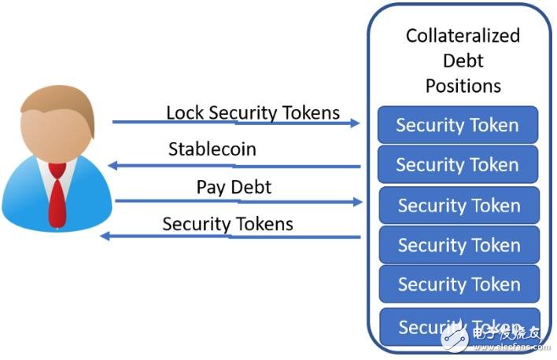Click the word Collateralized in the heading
click(463, 35)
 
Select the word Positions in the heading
click(463, 85)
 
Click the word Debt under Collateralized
click(463, 61)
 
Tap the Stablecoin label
click(212, 149)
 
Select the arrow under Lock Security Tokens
click(236, 123)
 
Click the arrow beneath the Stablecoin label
click(236, 166)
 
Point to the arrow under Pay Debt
click(236, 201)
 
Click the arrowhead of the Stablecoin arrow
click(113, 165)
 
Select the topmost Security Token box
click(457, 125)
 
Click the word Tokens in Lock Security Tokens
click(313, 112)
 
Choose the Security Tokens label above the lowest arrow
click(227, 224)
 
